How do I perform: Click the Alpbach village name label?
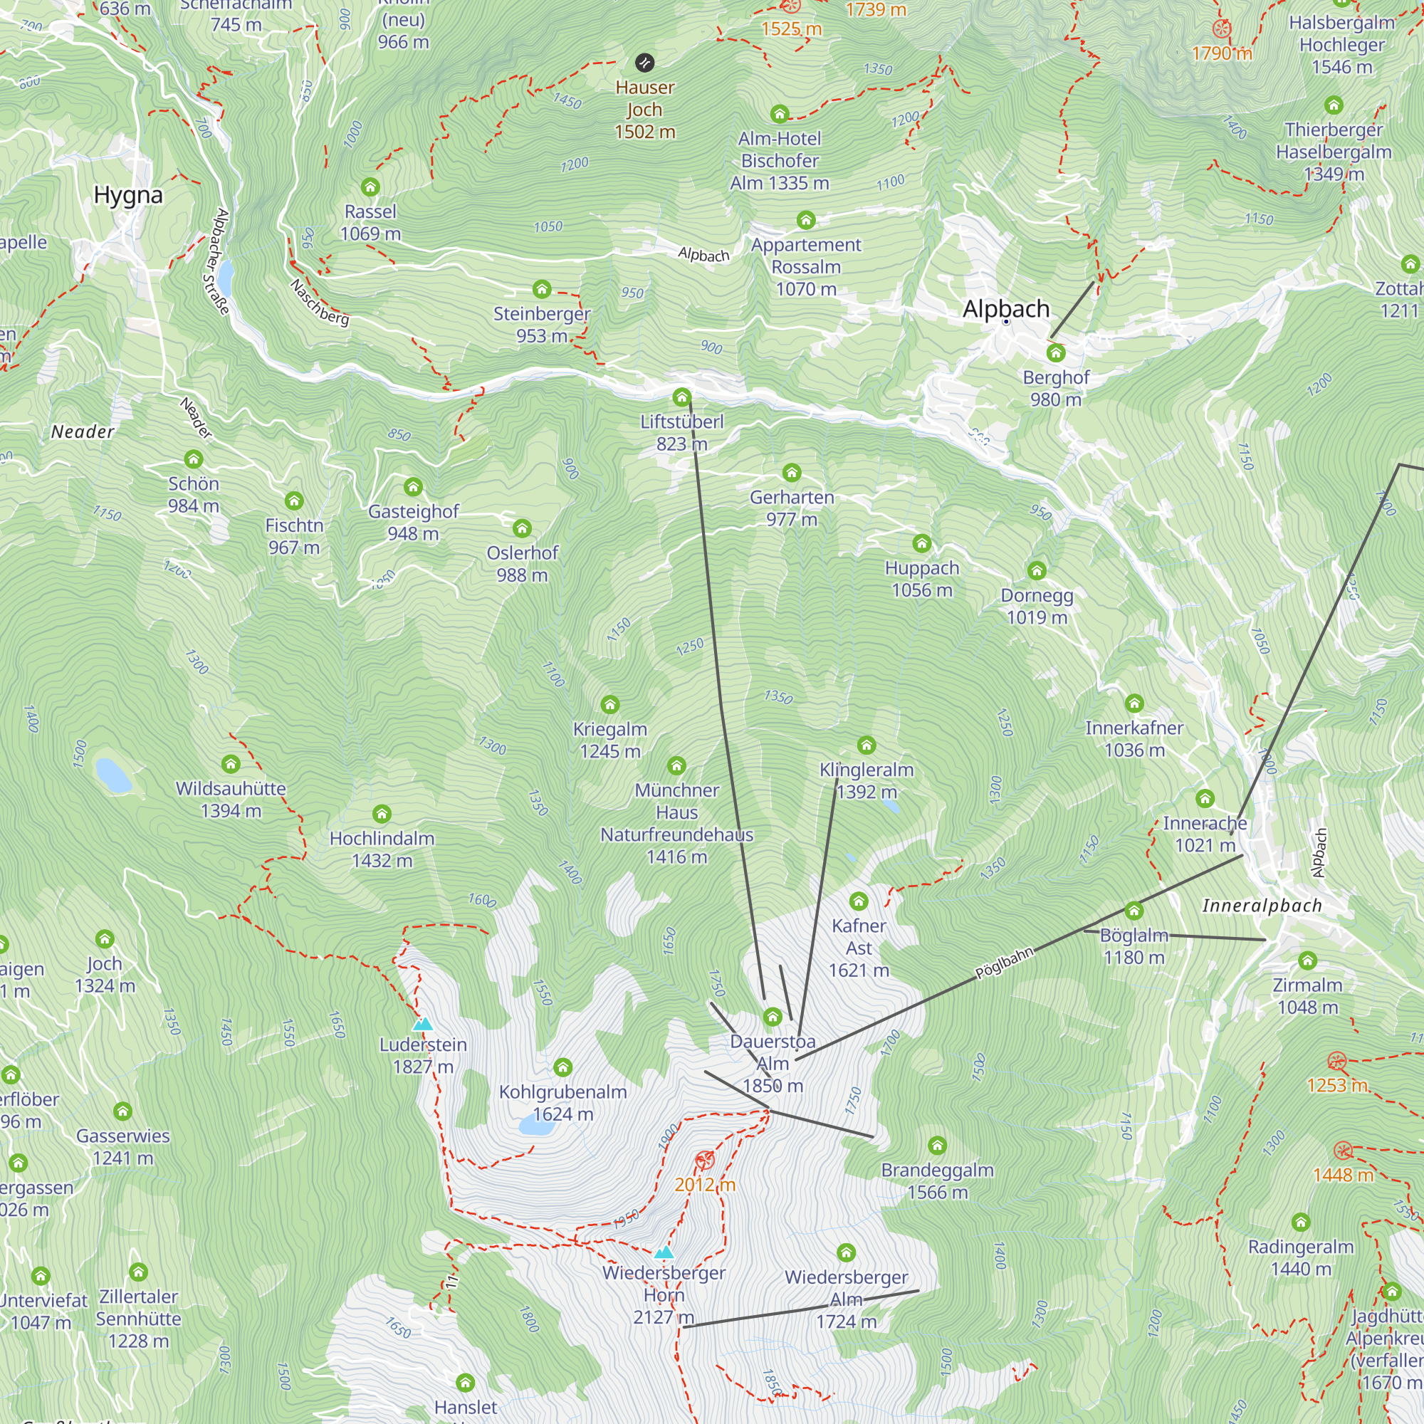1005,309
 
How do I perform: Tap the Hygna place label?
128,195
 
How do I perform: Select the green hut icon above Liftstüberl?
682,398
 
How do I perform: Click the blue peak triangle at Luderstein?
422,1024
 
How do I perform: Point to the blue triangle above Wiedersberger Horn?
664,1252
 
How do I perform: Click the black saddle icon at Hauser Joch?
644,63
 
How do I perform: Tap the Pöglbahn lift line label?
1005,963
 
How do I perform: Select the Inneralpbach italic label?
1262,906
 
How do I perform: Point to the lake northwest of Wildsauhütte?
113,775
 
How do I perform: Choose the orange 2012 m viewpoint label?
705,1185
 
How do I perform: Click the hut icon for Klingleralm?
867,745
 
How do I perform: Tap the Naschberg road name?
319,302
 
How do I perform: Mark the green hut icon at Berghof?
1055,353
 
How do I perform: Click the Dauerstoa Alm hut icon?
773,1018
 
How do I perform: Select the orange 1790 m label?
1221,53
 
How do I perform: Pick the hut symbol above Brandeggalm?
937,1146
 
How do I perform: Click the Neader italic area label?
83,432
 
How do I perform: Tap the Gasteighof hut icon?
413,487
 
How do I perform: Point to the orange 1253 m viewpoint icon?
1337,1062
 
